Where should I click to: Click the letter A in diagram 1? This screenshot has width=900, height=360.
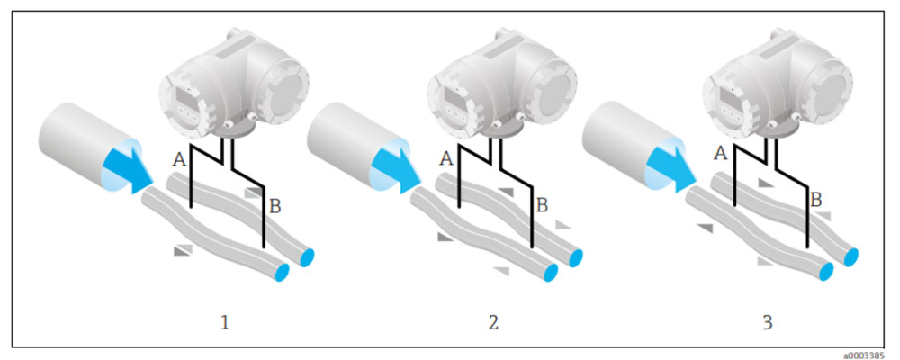point(180,160)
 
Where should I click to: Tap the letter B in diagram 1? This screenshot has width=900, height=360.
point(274,207)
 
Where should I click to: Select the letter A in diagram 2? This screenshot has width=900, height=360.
point(447,157)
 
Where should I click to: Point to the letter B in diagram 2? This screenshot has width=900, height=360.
point(543,204)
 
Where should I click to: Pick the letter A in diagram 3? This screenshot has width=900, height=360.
point(721,153)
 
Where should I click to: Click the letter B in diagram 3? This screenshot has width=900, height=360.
point(816,201)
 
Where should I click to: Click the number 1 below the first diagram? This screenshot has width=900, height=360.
point(225,323)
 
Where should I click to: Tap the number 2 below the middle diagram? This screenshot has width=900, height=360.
point(493,323)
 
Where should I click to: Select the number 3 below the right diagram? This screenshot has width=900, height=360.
point(768,323)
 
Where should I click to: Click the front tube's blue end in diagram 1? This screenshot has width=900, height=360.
point(283,271)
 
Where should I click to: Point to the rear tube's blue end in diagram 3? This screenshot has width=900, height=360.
point(851,256)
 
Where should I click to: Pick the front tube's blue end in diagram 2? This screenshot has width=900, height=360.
point(551,272)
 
